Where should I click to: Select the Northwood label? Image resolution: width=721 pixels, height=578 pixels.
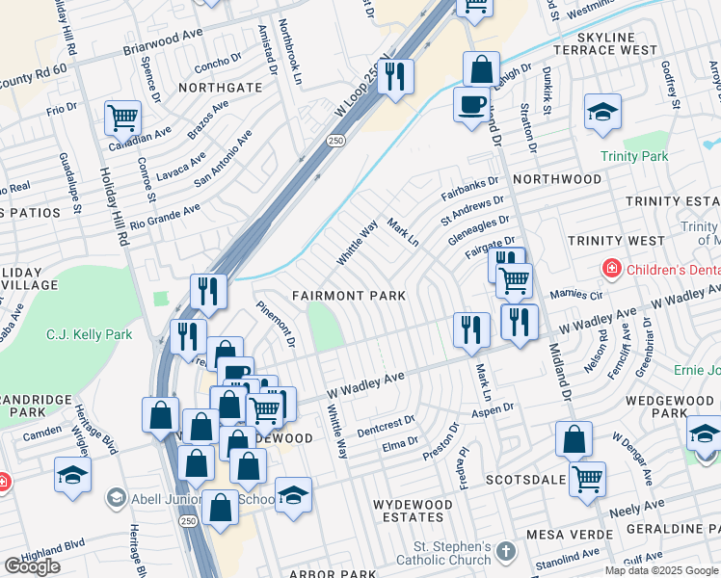[557, 179]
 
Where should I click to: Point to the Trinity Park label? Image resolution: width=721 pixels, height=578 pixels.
[633, 156]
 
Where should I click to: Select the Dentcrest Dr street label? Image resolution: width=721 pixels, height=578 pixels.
[385, 423]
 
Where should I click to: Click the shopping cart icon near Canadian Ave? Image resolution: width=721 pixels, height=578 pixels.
[123, 118]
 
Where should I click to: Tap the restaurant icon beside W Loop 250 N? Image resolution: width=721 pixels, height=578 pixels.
[395, 76]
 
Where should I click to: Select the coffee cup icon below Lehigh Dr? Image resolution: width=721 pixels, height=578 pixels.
[470, 104]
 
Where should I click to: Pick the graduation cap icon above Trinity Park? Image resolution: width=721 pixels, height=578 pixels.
[602, 111]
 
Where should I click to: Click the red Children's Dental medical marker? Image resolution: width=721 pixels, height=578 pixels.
[609, 266]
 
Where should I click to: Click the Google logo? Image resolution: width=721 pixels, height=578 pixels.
[32, 566]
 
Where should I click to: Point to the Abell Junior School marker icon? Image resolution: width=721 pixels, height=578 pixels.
[117, 497]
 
